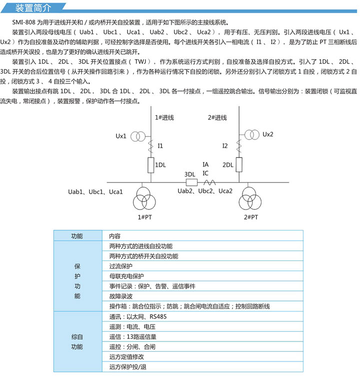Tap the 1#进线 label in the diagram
(164, 117)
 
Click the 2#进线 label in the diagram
(217, 117)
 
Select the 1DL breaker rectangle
(150, 164)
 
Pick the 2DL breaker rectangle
(239, 164)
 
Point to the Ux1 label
(121, 136)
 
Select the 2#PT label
(251, 217)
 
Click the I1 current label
(160, 145)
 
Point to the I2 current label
(225, 145)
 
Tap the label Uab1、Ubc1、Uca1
(95, 192)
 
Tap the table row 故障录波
(120, 296)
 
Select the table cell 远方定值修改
(126, 356)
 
